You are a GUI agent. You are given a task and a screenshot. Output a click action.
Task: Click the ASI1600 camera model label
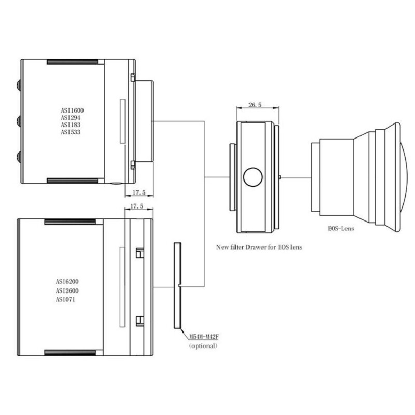(72, 110)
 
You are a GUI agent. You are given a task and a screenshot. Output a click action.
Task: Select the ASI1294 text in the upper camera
(72, 118)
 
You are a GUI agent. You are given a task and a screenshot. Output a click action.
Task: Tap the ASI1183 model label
(72, 125)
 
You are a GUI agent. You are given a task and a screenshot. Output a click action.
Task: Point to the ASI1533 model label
(72, 132)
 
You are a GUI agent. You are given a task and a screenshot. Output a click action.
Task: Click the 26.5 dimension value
(255, 105)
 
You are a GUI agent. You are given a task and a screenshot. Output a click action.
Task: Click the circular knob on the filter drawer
(254, 177)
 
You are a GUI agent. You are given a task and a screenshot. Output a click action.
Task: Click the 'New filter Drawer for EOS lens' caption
(259, 247)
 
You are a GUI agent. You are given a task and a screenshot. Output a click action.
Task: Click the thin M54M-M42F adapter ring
(177, 285)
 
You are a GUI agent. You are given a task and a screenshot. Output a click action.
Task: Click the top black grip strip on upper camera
(72, 62)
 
